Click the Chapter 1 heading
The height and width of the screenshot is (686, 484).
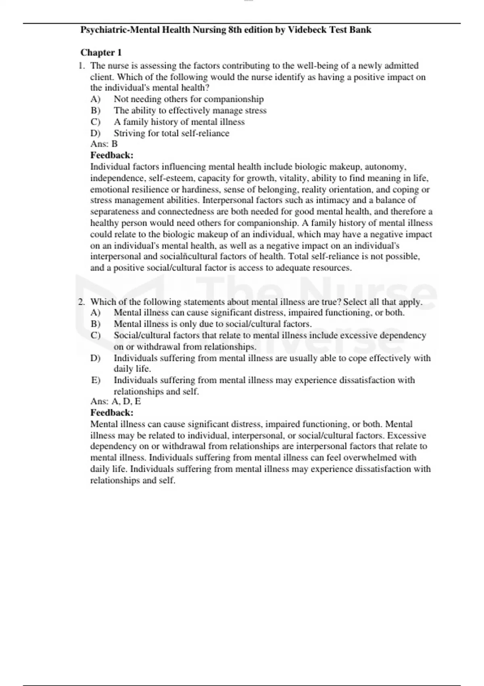pyautogui.click(x=101, y=52)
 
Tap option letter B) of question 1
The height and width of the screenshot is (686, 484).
pyautogui.click(x=95, y=111)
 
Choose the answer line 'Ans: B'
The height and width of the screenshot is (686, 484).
pyautogui.click(x=104, y=144)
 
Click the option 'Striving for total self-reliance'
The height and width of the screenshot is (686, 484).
pyautogui.click(x=171, y=133)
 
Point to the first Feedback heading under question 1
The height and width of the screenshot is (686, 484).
pyautogui.click(x=112, y=155)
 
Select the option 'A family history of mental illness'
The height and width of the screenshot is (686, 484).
pyautogui.click(x=179, y=122)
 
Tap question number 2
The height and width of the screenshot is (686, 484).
pyautogui.click(x=81, y=302)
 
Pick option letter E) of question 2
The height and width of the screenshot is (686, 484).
pyautogui.click(x=95, y=380)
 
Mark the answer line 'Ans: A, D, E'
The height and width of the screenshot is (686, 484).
pyautogui.click(x=116, y=402)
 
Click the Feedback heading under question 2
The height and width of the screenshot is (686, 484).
pyautogui.click(x=112, y=413)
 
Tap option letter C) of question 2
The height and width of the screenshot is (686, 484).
pyautogui.click(x=95, y=335)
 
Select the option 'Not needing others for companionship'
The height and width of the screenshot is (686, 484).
pyautogui.click(x=188, y=99)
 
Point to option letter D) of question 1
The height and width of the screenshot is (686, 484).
pyautogui.click(x=95, y=133)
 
